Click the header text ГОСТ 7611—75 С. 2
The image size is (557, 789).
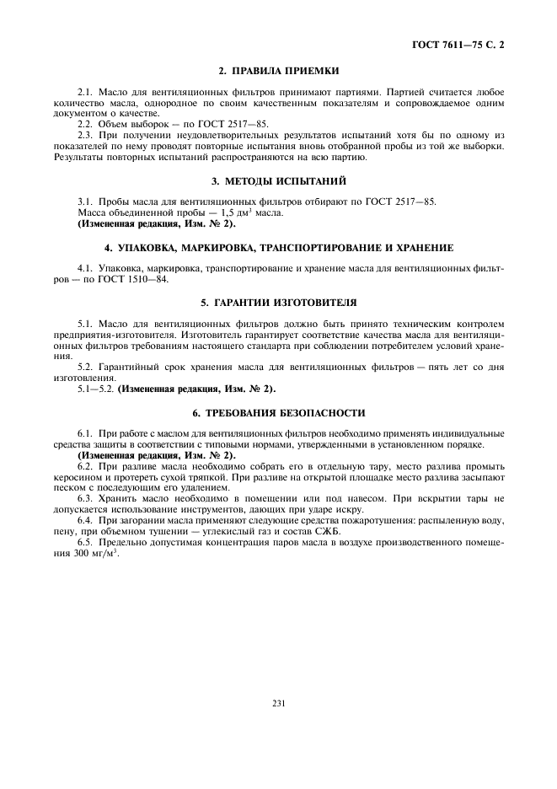(x=469, y=42)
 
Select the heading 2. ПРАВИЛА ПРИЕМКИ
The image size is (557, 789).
(x=278, y=70)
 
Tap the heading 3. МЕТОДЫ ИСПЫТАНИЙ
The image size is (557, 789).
(x=278, y=181)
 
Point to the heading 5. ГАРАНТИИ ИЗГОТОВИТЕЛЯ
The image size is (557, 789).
(x=278, y=302)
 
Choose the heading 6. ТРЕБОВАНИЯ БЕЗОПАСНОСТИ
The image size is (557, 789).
(x=278, y=413)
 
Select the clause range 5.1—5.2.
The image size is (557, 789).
(x=94, y=389)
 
